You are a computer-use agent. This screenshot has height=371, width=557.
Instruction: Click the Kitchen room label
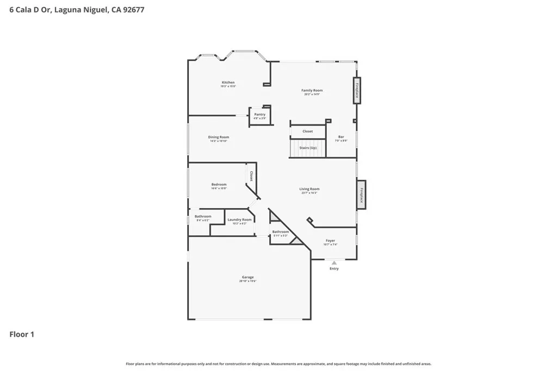(x=228, y=83)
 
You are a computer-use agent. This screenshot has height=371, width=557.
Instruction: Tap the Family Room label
(x=312, y=91)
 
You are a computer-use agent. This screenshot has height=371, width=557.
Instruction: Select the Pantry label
(x=260, y=115)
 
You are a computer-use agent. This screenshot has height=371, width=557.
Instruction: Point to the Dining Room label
(x=219, y=137)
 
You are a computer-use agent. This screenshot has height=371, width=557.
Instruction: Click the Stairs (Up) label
(x=308, y=148)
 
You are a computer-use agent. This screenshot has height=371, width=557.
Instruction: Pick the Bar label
(x=341, y=137)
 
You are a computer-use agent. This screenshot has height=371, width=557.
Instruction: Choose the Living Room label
(x=309, y=189)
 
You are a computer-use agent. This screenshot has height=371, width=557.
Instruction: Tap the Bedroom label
(x=219, y=185)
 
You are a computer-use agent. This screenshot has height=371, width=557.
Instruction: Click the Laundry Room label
(x=239, y=220)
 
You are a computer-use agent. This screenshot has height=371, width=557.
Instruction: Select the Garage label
(x=247, y=278)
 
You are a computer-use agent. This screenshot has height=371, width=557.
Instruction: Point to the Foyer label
(x=330, y=241)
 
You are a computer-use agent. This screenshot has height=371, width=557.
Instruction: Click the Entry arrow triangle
(x=334, y=263)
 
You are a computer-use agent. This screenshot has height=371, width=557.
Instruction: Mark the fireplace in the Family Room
(x=357, y=90)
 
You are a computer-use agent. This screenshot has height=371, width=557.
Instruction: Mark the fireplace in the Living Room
(x=361, y=194)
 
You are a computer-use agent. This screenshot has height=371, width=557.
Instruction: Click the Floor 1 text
(x=22, y=335)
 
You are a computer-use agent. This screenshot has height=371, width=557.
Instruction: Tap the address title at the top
(x=77, y=10)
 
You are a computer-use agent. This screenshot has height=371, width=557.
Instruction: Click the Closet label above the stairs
(x=308, y=131)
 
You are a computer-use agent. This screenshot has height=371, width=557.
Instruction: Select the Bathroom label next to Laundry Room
(x=203, y=217)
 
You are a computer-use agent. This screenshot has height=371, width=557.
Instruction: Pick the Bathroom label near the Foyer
(x=281, y=232)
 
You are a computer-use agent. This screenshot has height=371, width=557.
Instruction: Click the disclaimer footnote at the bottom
(x=278, y=364)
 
